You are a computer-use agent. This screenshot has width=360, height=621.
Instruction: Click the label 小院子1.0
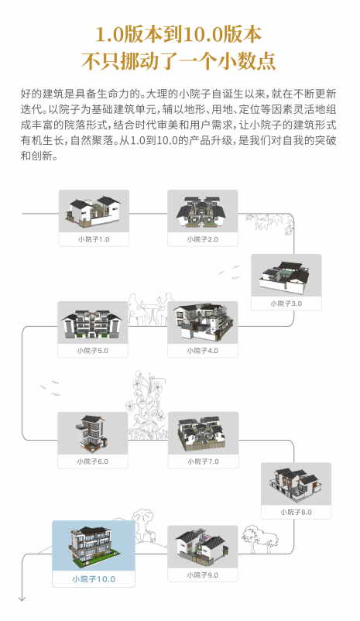[94, 239]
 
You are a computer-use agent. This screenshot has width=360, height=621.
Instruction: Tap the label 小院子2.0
[202, 239]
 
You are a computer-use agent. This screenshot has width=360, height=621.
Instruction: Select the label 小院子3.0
[286, 304]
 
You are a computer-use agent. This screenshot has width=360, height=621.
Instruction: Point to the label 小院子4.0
[202, 351]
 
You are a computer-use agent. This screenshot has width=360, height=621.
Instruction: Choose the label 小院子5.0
[93, 351]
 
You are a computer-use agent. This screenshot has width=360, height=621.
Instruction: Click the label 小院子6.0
[93, 461]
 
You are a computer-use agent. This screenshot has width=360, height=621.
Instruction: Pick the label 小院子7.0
[203, 461]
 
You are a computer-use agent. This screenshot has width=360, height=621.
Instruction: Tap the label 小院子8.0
[296, 512]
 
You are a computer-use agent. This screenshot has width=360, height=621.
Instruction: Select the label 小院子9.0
[202, 575]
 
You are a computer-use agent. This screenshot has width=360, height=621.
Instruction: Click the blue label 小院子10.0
[94, 579]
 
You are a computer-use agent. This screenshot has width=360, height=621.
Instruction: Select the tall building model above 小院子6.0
[91, 433]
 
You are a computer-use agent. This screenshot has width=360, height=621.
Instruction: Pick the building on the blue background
[94, 544]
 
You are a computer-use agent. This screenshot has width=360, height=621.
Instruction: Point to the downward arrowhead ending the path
[22, 599]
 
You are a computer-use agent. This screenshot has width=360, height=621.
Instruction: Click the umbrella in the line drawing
[142, 516]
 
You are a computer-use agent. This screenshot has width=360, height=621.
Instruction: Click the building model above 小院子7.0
[203, 434]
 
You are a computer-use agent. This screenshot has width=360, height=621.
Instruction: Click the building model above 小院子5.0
[93, 323]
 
